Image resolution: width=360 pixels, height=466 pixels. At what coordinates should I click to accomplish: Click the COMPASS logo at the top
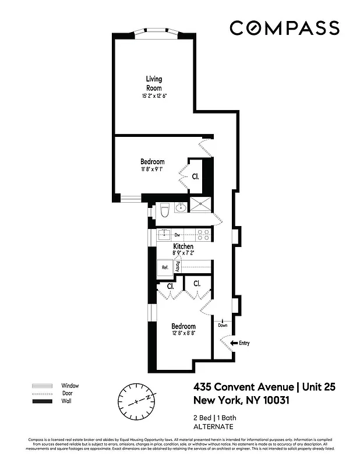coord(284,28)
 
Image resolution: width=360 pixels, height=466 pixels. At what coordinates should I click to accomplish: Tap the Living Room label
coord(154,83)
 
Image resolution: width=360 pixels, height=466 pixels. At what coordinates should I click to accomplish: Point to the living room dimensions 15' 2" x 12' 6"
coord(154,96)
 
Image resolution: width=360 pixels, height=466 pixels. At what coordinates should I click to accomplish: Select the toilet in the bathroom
coord(164,210)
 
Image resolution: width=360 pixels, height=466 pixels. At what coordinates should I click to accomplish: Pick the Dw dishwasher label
coord(178,235)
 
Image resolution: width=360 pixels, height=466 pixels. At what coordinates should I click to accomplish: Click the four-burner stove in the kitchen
coord(202,235)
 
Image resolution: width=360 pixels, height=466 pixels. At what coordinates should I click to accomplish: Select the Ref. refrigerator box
coord(165,267)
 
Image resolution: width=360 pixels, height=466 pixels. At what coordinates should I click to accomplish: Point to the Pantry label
coord(178,266)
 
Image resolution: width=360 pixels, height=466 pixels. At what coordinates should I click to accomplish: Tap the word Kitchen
coord(183,247)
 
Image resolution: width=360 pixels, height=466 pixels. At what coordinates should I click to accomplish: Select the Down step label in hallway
coord(223,325)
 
